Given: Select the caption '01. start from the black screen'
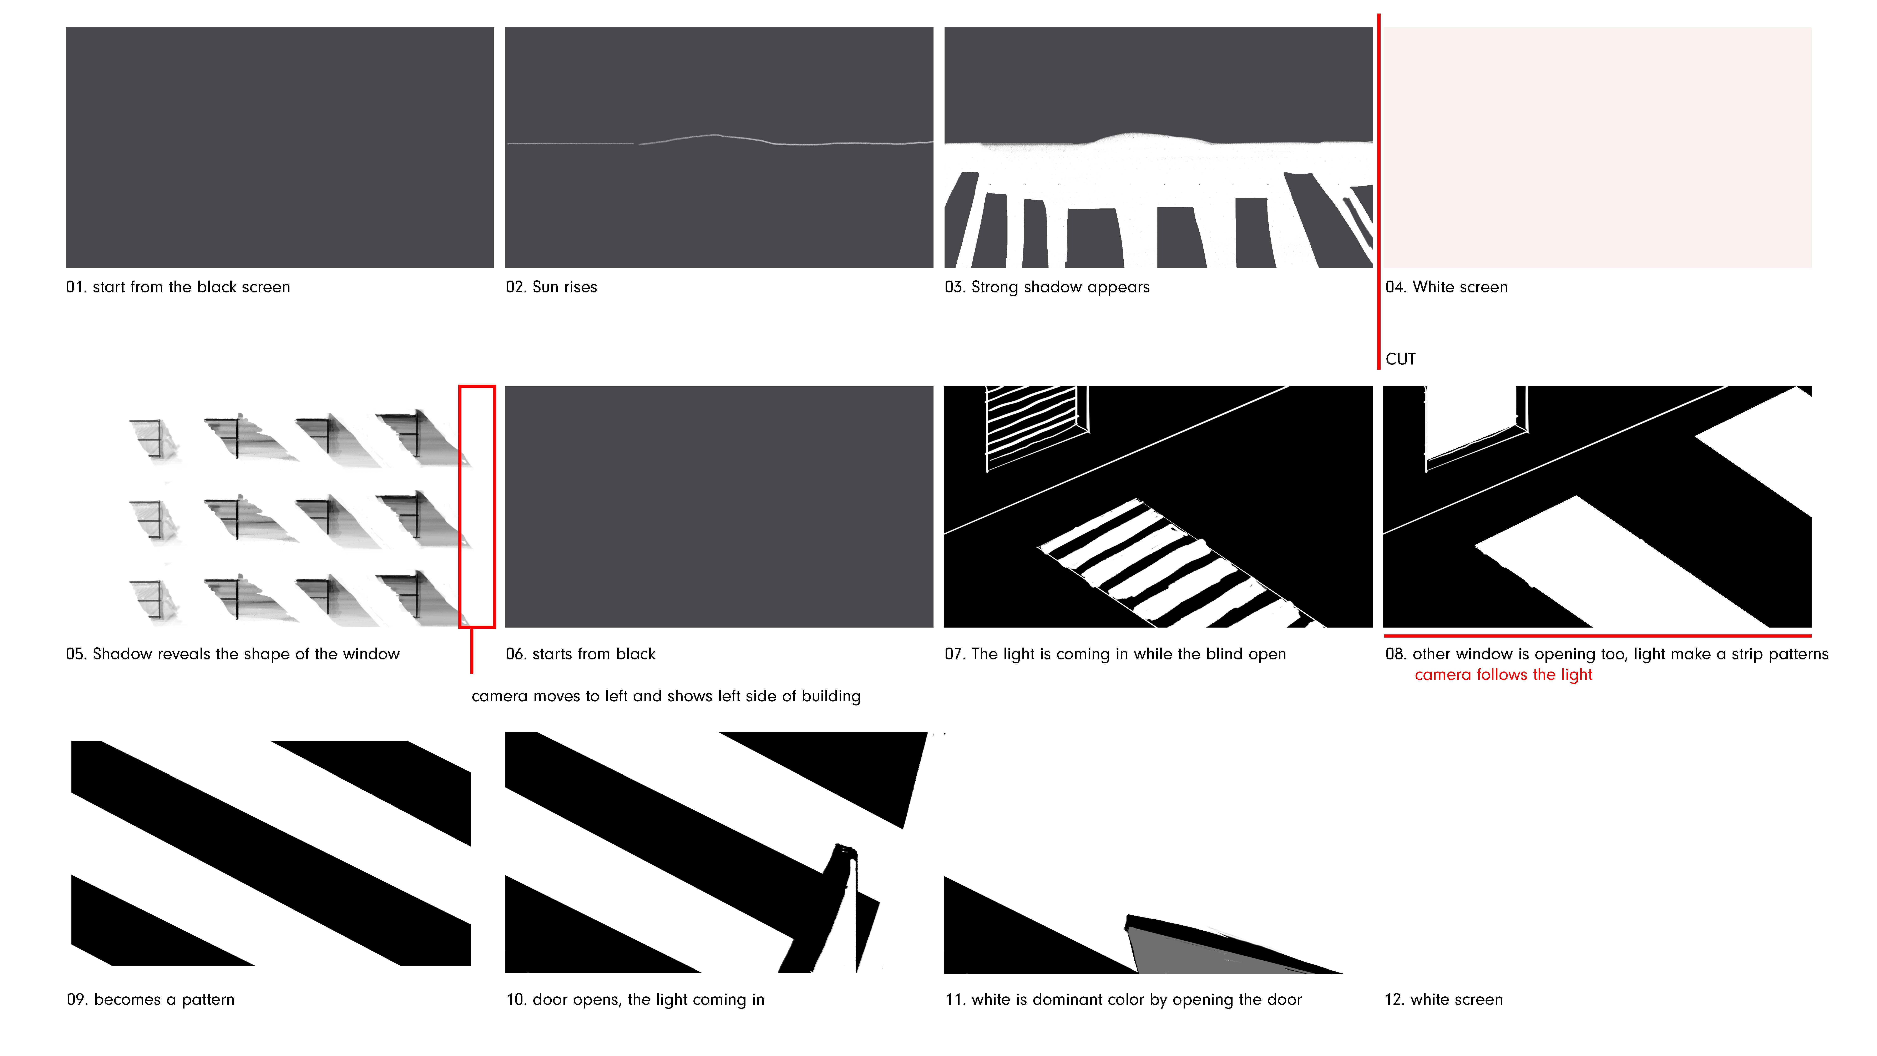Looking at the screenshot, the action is click(178, 287).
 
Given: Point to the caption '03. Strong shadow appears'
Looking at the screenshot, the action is click(1047, 287).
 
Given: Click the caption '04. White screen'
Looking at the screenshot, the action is click(1446, 287).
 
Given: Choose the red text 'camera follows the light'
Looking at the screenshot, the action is click(1503, 675).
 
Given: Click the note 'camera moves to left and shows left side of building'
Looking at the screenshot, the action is click(666, 696).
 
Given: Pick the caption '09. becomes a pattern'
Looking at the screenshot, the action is click(151, 999).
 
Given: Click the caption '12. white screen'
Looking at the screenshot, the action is click(1443, 999).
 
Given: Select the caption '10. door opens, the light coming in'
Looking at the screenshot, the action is click(635, 999).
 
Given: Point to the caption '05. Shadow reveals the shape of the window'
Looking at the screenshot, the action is click(232, 654).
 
